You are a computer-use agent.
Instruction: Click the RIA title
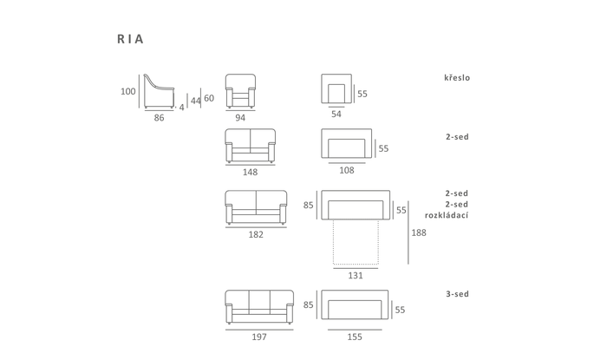tap(130, 39)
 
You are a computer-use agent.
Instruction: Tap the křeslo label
tap(457, 77)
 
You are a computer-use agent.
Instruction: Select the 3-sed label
tap(457, 294)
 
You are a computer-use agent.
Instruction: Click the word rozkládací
tap(447, 215)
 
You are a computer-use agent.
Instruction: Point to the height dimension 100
tap(127, 92)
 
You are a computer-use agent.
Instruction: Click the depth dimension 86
tap(159, 118)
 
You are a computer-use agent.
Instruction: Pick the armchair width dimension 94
tap(240, 118)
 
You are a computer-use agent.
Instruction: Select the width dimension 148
tap(250, 173)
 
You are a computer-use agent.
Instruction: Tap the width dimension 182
tap(256, 234)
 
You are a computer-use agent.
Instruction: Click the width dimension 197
tap(259, 337)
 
